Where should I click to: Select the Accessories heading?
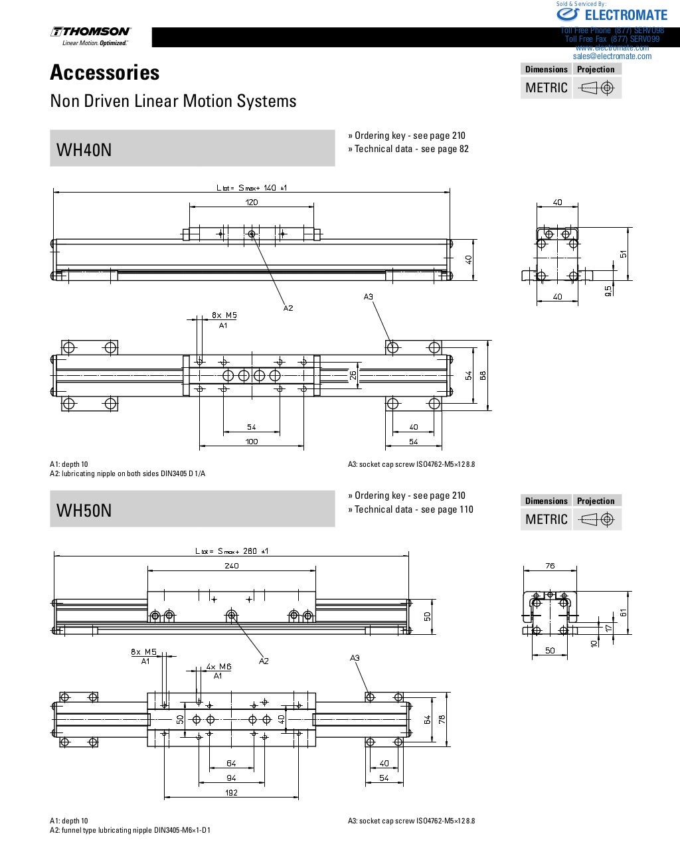105,72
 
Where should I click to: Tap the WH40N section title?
84,149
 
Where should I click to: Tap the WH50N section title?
84,510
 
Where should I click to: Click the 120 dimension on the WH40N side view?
252,203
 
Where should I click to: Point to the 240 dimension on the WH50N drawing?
231,566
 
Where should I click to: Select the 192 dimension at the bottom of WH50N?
231,792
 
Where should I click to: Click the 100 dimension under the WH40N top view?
252,442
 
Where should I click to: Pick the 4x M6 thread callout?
218,667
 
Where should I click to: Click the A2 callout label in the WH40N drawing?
288,308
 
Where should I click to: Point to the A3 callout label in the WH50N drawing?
355,658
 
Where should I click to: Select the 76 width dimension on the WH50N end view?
550,566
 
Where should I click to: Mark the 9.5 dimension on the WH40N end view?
609,290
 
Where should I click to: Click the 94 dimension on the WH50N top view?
231,778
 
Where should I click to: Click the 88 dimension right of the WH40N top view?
483,375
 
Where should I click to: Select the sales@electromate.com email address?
612,56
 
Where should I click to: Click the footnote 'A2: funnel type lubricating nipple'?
130,830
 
